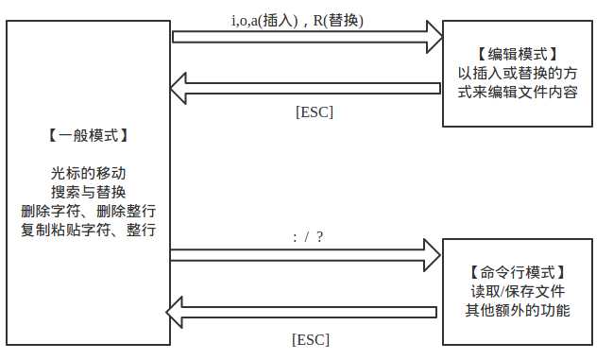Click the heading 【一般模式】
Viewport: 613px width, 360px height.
coord(87,135)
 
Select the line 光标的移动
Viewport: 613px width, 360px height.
coord(88,174)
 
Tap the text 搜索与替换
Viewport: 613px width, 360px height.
coord(88,192)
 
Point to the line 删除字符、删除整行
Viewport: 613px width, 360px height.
coord(88,210)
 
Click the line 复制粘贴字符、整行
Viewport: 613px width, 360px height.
coord(88,229)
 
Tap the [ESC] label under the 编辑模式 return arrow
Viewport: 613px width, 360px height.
coord(315,111)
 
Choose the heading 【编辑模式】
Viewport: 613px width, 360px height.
coord(518,55)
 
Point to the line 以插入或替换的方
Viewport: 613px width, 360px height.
coord(518,74)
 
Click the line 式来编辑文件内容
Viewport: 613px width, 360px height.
coord(518,93)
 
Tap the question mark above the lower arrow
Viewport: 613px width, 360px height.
coord(320,236)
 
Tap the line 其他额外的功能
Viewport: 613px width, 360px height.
coord(518,310)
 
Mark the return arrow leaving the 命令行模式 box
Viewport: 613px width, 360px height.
coord(302,311)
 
